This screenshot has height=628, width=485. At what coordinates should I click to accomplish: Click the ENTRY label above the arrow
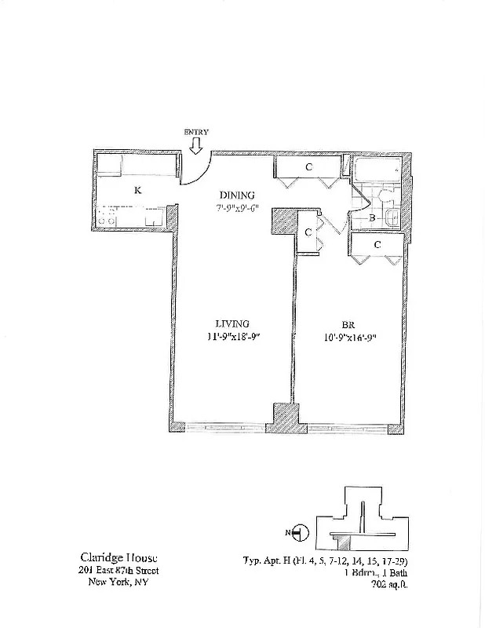pos(196,133)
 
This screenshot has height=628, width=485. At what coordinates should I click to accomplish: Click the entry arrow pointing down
pos(196,145)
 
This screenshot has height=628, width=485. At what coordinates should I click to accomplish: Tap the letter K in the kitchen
pos(137,190)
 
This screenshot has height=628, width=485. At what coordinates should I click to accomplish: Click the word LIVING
pos(233,323)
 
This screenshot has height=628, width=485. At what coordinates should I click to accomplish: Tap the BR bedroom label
pos(349,323)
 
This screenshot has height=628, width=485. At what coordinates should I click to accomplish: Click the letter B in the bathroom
pos(375,219)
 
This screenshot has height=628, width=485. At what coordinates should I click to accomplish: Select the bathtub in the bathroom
pos(376,170)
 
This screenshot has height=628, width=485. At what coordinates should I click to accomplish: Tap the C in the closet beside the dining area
pos(308,167)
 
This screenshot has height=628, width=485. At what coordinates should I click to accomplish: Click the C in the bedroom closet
pos(377,245)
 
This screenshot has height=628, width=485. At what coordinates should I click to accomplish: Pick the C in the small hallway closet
pos(308,232)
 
